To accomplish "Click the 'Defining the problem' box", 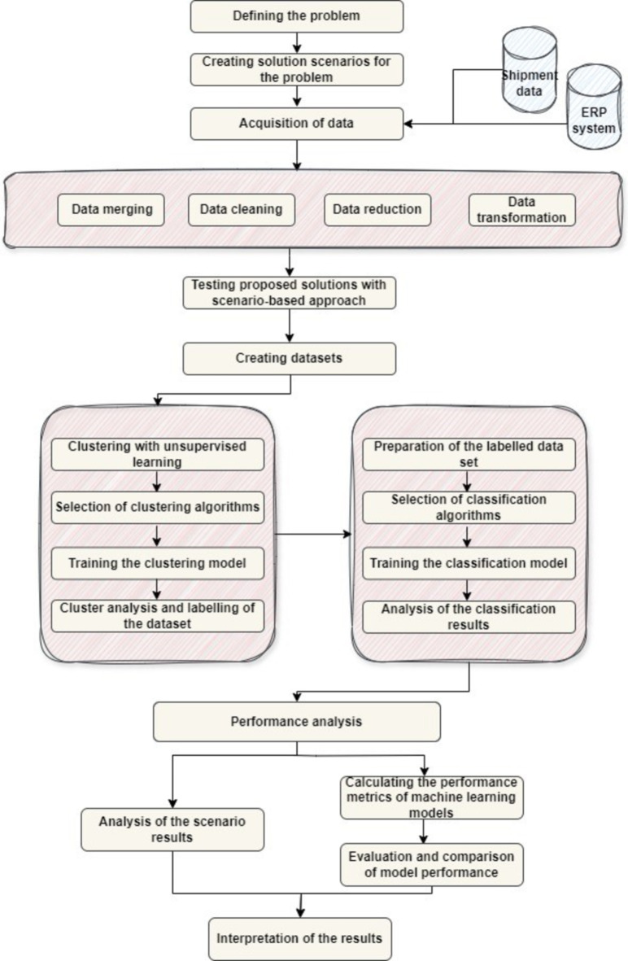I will tap(296, 16).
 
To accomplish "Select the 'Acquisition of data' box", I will tap(296, 124).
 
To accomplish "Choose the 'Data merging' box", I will tap(111, 209).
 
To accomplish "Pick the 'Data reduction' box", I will tap(377, 209).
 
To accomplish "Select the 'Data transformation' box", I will tap(522, 209).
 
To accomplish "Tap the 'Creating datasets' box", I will tap(290, 359).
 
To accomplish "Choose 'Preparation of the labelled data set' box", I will tap(468, 454).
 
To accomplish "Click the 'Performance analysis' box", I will tap(297, 720).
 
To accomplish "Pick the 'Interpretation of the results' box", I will tap(300, 938).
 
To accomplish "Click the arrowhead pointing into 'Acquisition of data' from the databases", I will tap(409, 124).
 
